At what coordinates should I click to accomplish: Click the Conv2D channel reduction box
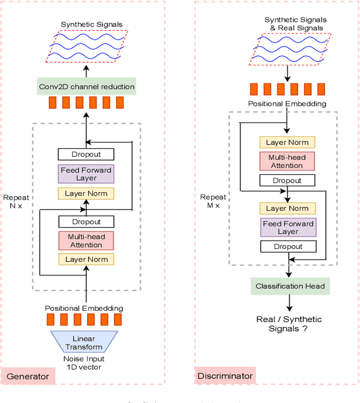pyautogui.click(x=87, y=87)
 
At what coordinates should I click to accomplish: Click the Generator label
pyautogui.click(x=28, y=376)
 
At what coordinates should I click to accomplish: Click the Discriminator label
pyautogui.click(x=225, y=376)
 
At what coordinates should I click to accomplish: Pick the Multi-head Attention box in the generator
pyautogui.click(x=86, y=241)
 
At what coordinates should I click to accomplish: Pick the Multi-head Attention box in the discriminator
pyautogui.click(x=287, y=162)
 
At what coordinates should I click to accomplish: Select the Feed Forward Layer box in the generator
pyautogui.click(x=86, y=174)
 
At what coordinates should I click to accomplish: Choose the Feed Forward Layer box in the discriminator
pyautogui.click(x=287, y=228)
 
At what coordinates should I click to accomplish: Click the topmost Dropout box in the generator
pyautogui.click(x=86, y=154)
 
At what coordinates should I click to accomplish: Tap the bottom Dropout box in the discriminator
pyautogui.click(x=287, y=246)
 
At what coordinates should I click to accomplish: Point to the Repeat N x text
pyautogui.click(x=16, y=202)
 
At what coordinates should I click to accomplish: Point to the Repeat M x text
pyautogui.click(x=213, y=201)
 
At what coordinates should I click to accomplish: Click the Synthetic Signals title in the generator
pyautogui.click(x=92, y=24)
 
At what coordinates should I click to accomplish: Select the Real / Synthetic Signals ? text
pyautogui.click(x=289, y=324)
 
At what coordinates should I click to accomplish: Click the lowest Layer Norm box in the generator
pyautogui.click(x=86, y=259)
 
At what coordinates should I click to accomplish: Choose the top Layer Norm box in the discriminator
pyautogui.click(x=287, y=142)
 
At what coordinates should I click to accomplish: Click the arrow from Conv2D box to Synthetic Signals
pyautogui.click(x=87, y=72)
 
